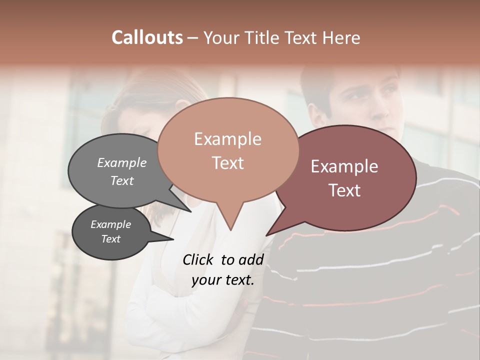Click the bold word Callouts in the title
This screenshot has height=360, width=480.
point(147,37)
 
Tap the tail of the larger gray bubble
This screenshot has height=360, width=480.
point(187,209)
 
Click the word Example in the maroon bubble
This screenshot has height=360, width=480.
point(344,166)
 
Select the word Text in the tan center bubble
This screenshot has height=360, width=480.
point(228,163)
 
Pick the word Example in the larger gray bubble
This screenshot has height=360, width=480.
point(122,163)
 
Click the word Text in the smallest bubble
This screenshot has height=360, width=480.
point(111,239)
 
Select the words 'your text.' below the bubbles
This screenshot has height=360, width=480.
point(223,280)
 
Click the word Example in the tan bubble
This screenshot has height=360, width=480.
point(228,139)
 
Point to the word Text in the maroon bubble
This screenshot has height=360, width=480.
point(344,190)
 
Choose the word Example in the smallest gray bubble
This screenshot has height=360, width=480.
point(111,224)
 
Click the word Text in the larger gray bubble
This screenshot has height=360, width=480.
point(122,180)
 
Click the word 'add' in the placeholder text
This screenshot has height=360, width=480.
point(251,259)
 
